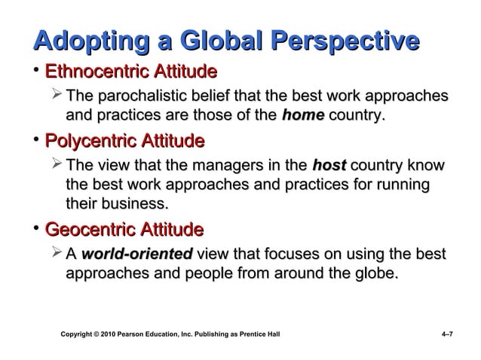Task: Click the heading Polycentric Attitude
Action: [x=124, y=141]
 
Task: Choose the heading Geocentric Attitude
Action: [x=124, y=228]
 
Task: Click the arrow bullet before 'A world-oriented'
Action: [x=55, y=253]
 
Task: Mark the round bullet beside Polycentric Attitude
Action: [x=35, y=141]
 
